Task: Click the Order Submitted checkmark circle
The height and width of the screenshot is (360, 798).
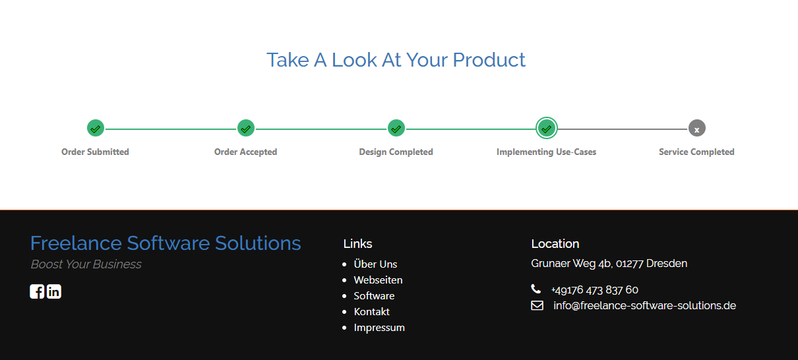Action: [96, 128]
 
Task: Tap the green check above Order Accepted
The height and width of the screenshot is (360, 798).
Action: [246, 128]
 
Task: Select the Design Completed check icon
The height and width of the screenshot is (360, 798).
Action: [396, 128]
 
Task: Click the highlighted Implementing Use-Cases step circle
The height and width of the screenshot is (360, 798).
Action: [547, 128]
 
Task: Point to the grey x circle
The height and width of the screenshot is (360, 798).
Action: [697, 128]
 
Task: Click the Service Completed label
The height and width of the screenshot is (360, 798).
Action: [696, 152]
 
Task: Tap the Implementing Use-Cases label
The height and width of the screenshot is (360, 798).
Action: [546, 152]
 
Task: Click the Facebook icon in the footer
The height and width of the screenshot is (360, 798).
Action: [37, 291]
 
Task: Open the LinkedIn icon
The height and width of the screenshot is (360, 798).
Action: [54, 291]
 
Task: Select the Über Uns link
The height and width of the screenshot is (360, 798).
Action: [375, 264]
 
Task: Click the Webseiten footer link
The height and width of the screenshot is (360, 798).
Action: [378, 280]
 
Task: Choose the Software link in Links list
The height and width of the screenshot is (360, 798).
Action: [374, 296]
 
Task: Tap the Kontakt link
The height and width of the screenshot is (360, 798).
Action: [371, 312]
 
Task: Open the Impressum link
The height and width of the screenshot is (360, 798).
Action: [379, 328]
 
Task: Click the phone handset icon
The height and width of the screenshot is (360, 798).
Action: [536, 289]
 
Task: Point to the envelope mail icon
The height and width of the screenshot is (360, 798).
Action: [537, 305]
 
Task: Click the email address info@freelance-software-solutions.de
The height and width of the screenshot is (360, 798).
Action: [644, 305]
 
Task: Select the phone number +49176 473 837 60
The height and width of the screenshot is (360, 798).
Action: [595, 290]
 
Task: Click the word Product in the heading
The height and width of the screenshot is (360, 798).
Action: [489, 60]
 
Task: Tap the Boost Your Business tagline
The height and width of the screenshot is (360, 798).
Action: [86, 264]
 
